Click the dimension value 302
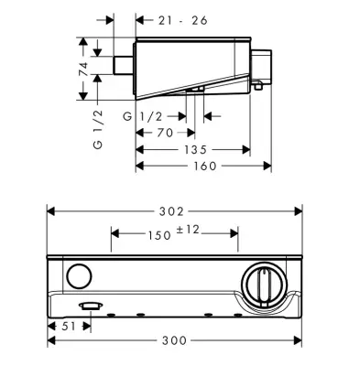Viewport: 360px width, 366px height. point(171,211)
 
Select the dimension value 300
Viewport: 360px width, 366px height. point(174,340)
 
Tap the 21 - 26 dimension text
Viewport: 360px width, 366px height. point(183,21)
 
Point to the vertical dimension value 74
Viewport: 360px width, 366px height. point(83,69)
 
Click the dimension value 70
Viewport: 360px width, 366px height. point(165,133)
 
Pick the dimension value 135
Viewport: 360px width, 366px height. point(196,150)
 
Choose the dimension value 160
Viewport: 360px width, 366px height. point(205,167)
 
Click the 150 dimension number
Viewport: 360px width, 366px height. point(159,235)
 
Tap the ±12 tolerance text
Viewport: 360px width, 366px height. point(188,230)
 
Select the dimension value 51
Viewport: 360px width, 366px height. point(69,326)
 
